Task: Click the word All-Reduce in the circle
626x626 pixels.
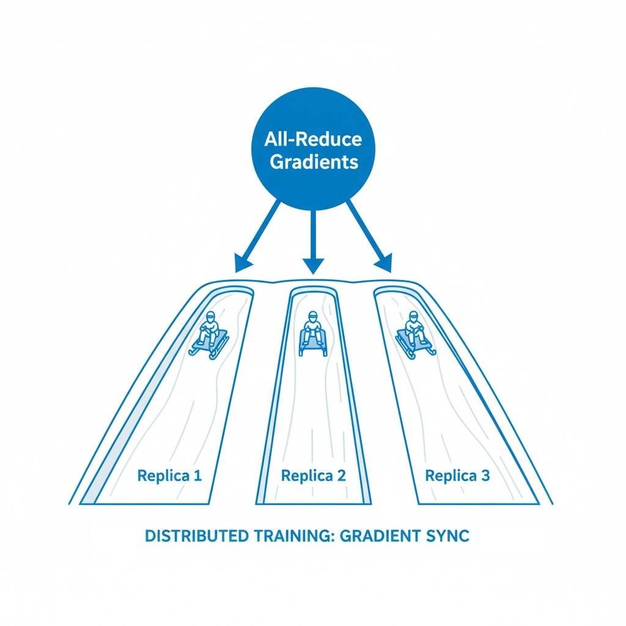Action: point(313,139)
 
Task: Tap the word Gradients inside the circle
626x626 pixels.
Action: point(313,163)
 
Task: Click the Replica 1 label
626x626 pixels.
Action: point(169,476)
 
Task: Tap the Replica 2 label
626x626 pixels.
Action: point(313,476)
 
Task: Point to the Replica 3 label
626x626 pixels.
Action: point(457,476)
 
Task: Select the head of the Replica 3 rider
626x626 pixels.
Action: point(414,317)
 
